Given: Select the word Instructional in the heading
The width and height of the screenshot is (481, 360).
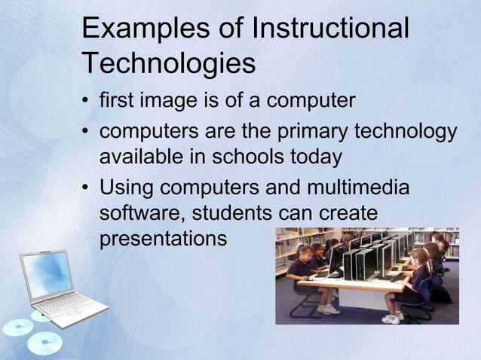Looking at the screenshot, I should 332,29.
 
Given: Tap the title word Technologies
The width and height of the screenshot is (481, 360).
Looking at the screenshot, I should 168,64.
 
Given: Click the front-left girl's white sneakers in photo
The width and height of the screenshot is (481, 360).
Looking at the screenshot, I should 328,309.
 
